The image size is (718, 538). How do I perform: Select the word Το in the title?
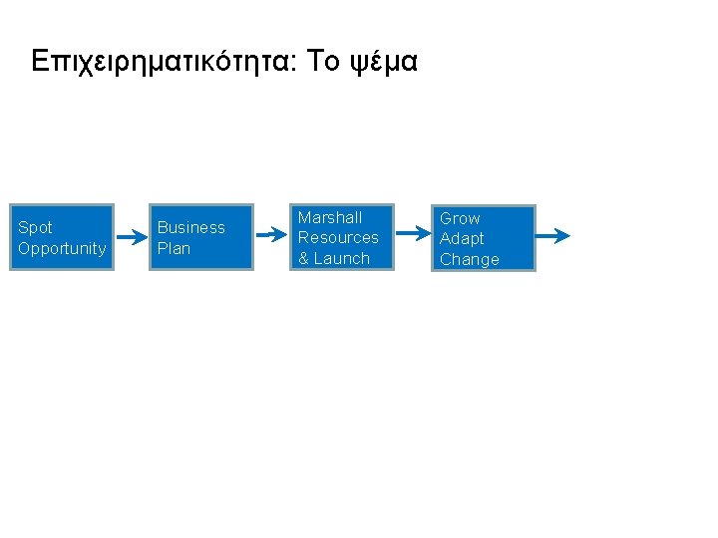click(324, 63)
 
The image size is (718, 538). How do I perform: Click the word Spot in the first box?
click(36, 227)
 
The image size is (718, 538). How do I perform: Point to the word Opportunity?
click(62, 248)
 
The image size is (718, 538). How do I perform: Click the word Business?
click(191, 227)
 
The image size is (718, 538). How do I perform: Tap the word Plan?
click(174, 248)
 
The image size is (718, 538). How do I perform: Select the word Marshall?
click(330, 217)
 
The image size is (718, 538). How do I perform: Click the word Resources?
click(338, 237)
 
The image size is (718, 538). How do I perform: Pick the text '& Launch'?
click(334, 258)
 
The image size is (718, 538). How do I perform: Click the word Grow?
click(460, 218)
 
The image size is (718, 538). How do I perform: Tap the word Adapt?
click(462, 238)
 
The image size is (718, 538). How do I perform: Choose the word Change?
click(470, 259)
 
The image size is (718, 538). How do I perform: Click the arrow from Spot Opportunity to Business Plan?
click(131, 237)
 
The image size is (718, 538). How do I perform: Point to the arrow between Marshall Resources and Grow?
click(412, 236)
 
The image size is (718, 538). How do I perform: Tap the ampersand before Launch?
click(304, 258)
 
